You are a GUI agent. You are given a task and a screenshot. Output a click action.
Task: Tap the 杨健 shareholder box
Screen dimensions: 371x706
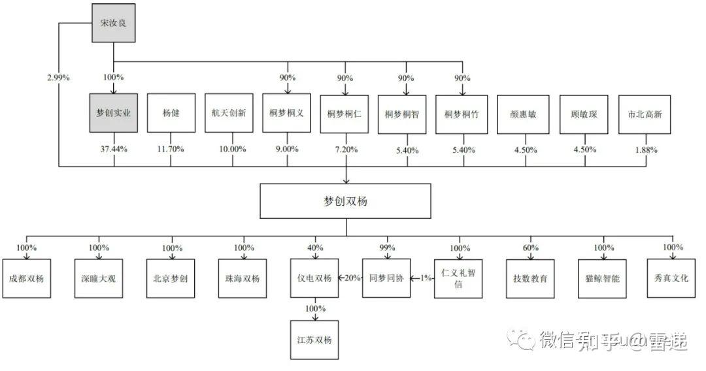(171, 114)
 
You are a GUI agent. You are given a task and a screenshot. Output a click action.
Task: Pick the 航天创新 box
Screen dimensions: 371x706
(229, 114)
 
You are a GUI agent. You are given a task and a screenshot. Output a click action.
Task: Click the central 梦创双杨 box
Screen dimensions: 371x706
(345, 201)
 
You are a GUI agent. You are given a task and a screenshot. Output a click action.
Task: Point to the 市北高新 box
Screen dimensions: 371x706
(644, 114)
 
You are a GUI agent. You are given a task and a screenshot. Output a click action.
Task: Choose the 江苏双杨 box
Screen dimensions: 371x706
(314, 340)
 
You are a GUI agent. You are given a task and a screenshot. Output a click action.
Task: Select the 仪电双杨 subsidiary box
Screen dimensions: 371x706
(314, 278)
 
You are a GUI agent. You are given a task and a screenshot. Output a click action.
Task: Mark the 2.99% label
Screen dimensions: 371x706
(58, 78)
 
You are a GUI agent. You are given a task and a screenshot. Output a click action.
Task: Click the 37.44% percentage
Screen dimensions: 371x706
(114, 149)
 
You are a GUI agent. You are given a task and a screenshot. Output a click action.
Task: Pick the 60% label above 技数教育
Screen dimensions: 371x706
(531, 248)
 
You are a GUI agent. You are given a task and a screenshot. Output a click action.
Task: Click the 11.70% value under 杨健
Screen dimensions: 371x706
(171, 149)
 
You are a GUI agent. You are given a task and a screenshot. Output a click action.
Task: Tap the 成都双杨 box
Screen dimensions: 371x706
(26, 278)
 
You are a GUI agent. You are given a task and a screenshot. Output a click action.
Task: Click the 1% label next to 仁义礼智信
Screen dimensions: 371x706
(426, 278)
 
